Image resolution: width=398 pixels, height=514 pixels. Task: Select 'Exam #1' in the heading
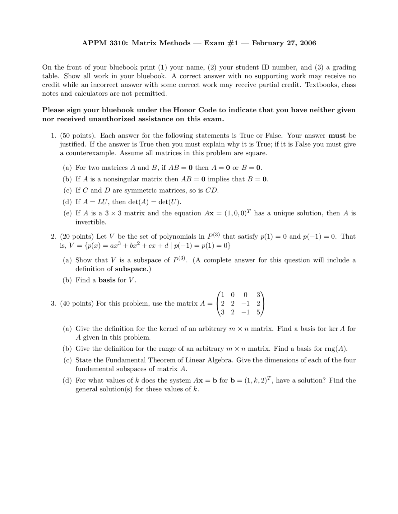tap(221, 43)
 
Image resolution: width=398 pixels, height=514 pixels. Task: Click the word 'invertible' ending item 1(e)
tap(90, 222)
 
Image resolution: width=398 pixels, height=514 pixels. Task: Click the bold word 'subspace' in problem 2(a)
tap(130, 269)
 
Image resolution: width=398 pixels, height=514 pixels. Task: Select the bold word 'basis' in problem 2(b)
tap(107, 280)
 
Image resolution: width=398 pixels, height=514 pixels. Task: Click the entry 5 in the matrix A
tap(258, 313)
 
